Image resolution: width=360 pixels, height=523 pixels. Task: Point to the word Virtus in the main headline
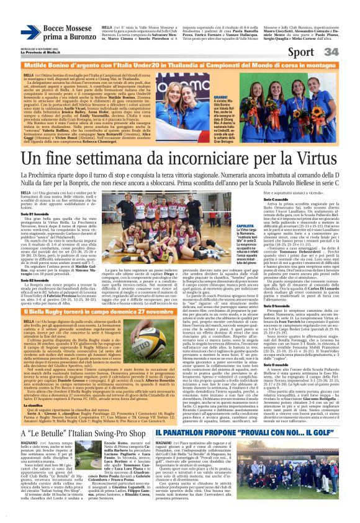coord(317,161)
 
